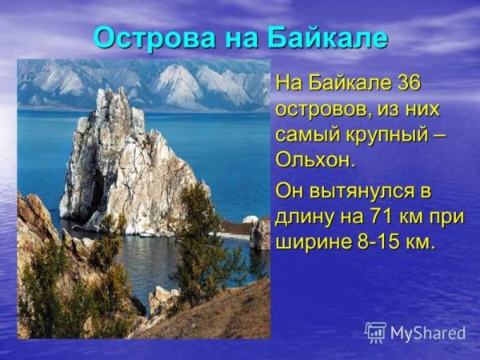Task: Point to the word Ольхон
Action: (x=314, y=158)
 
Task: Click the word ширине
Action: (x=308, y=242)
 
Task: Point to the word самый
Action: (x=303, y=134)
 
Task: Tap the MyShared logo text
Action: (x=428, y=333)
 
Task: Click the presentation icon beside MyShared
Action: (x=375, y=333)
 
